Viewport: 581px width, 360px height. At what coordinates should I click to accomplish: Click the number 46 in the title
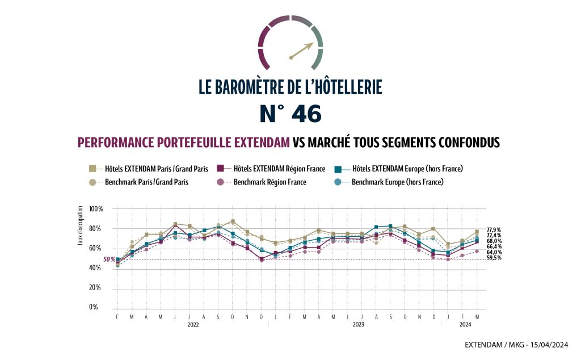click(306, 114)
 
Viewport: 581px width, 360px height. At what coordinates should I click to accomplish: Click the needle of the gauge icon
click(302, 50)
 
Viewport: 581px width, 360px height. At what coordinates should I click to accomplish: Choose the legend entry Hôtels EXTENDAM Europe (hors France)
click(405, 169)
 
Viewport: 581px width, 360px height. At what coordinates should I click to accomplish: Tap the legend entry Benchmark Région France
click(270, 182)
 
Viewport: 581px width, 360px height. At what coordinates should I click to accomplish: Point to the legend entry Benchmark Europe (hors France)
click(397, 182)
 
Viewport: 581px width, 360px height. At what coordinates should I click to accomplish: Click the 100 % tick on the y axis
click(96, 209)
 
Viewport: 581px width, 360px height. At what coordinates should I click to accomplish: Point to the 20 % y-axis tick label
click(96, 288)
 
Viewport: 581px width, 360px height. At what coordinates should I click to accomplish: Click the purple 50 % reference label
click(109, 259)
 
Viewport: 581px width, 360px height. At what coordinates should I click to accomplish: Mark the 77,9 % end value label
click(494, 230)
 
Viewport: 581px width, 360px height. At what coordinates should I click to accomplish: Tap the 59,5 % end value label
click(494, 258)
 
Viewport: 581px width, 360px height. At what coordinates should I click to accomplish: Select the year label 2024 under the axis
click(465, 325)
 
